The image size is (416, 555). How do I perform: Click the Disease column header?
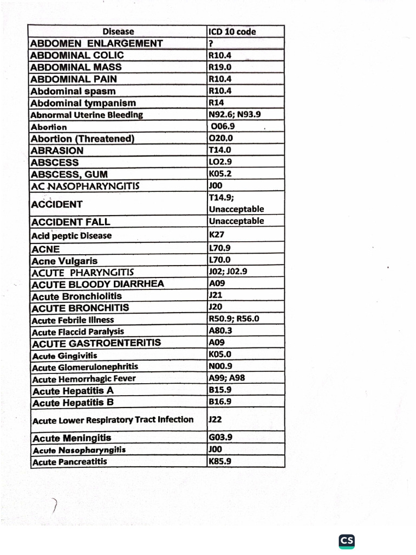point(118,31)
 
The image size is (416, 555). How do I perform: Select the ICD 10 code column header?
point(232,31)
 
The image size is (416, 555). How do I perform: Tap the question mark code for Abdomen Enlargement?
point(211,43)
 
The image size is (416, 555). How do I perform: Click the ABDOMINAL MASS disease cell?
point(76,67)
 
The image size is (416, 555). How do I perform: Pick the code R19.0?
point(220,67)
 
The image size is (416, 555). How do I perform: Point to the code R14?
point(216,102)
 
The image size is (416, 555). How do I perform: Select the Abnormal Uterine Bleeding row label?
point(87,115)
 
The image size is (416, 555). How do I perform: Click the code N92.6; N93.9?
point(234,114)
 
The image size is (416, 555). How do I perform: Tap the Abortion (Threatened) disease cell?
point(82,139)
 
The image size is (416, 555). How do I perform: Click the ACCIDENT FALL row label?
point(70,222)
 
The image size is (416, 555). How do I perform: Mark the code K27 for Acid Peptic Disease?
point(216,235)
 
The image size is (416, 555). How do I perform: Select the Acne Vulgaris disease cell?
point(65,261)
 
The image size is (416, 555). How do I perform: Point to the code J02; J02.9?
point(227,272)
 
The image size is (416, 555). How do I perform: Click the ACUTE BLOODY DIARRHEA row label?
point(97,284)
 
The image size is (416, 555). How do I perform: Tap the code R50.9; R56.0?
point(233,319)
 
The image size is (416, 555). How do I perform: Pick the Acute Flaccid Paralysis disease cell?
point(77,331)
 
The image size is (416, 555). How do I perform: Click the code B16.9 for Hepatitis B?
point(219,402)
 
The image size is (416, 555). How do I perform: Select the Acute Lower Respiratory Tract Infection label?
point(113,420)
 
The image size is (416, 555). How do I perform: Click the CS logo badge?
point(347,540)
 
